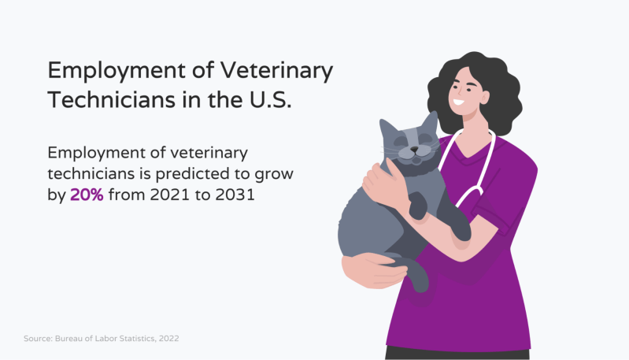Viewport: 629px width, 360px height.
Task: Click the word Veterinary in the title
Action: click(x=276, y=71)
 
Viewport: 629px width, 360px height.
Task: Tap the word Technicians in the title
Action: click(x=111, y=99)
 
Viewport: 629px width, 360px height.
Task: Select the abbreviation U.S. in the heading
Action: click(x=270, y=99)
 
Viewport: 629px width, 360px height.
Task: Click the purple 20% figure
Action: click(x=87, y=195)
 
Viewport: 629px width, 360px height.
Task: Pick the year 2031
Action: click(x=235, y=195)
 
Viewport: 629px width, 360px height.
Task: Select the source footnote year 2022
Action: click(x=169, y=338)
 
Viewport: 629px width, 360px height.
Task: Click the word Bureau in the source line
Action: click(x=67, y=338)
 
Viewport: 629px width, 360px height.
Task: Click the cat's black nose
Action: click(x=414, y=150)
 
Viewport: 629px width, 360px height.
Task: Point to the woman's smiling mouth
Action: click(x=458, y=102)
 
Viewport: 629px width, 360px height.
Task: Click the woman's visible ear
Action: click(x=484, y=97)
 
